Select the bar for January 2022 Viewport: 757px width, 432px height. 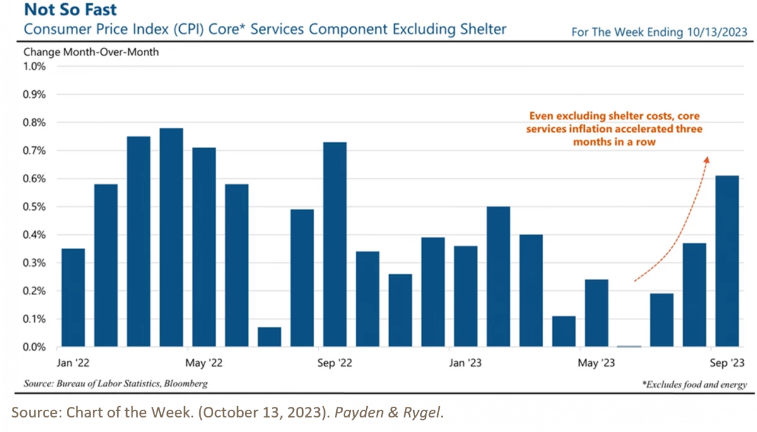pos(73,298)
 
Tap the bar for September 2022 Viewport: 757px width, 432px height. pos(335,245)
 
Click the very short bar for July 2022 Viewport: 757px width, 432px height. pos(269,337)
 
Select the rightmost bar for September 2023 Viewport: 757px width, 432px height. pos(727,261)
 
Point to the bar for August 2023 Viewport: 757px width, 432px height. pos(695,295)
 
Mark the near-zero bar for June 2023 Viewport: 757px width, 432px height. pos(630,346)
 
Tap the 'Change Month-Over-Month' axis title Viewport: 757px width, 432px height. pos(91,52)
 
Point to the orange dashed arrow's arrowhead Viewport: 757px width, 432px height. pos(707,161)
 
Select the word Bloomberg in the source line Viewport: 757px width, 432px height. pos(186,383)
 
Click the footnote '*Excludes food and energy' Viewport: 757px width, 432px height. pos(695,384)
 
